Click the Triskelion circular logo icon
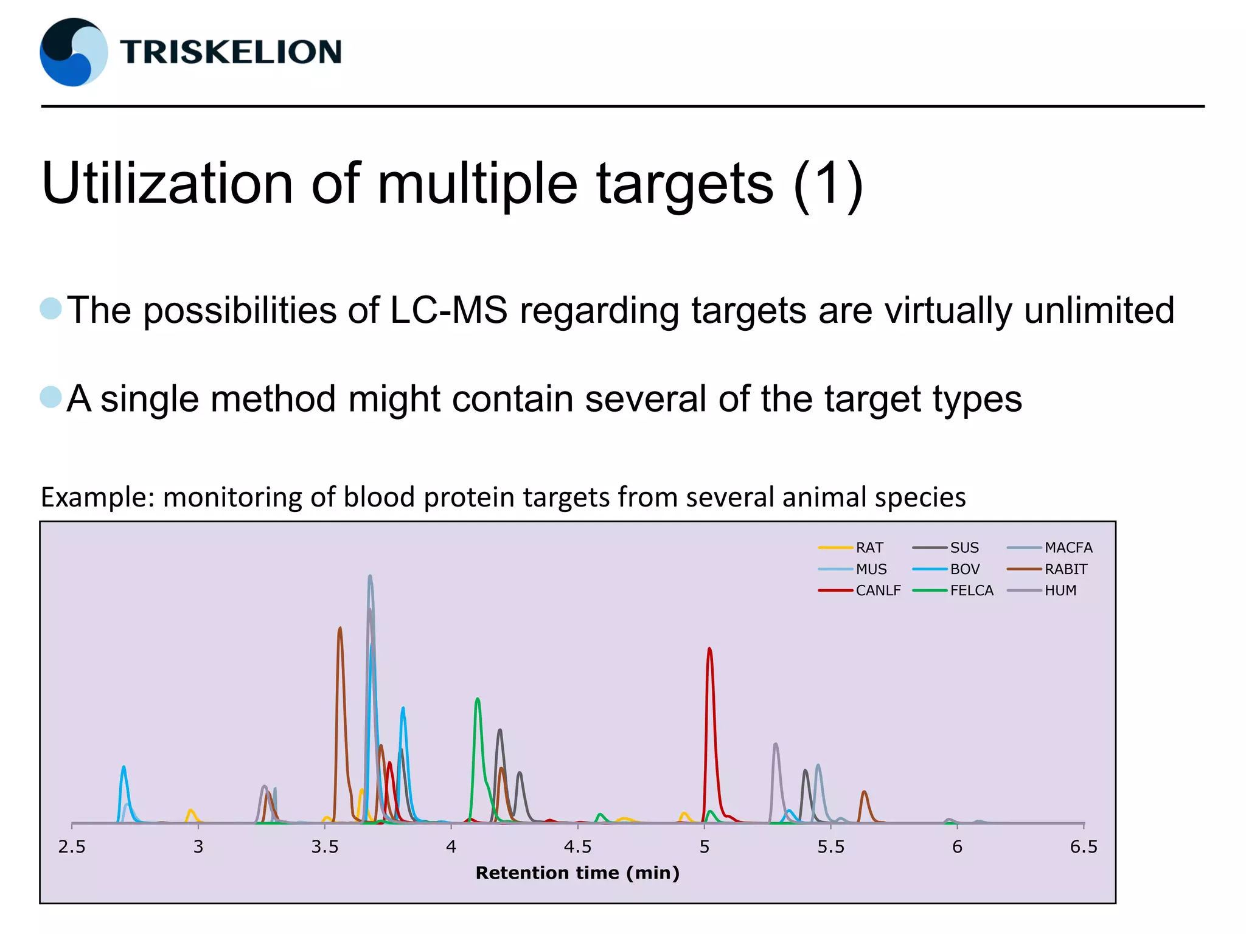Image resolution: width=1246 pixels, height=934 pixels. (74, 52)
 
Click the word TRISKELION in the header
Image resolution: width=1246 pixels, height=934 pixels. (231, 52)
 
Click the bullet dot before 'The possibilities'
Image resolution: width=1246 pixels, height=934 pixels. (51, 309)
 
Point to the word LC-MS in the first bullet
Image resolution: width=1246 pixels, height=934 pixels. (448, 310)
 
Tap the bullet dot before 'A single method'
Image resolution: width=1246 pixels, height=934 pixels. (51, 398)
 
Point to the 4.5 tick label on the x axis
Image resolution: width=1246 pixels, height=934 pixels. (577, 847)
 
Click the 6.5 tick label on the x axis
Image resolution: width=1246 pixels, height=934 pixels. (1084, 847)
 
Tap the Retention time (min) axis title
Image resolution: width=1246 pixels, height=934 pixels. (577, 873)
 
